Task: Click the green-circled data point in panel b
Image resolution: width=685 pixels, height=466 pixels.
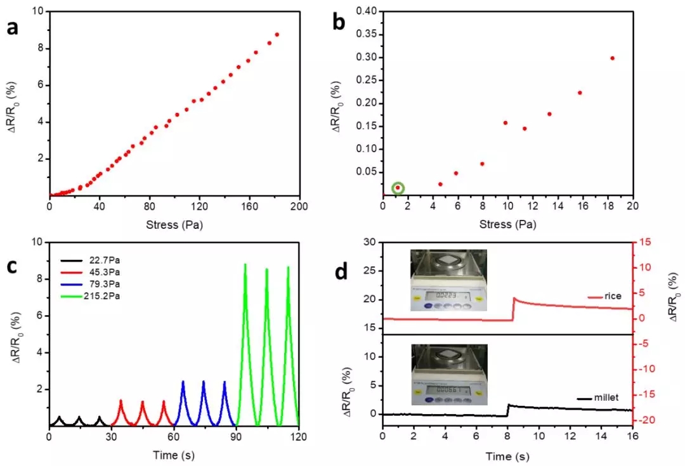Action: (x=398, y=188)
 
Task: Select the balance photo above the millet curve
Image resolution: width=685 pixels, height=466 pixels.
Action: (x=449, y=375)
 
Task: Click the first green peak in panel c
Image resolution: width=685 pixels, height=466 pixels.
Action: (x=245, y=265)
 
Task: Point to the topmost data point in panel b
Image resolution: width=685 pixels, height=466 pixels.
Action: (x=612, y=58)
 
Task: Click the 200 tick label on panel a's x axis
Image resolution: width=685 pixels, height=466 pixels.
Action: (x=299, y=206)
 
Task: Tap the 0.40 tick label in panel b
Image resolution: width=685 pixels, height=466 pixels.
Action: (x=366, y=11)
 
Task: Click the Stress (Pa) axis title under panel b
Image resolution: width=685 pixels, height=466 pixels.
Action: (x=507, y=224)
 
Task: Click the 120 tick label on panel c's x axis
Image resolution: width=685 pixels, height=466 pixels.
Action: (x=299, y=437)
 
